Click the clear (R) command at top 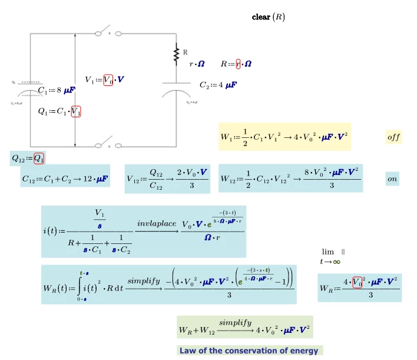(x=268, y=18)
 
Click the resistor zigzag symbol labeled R (x=176, y=56)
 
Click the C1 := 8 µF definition (x=56, y=90)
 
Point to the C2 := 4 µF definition (x=218, y=85)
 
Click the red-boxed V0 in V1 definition (x=108, y=80)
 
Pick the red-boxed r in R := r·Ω (x=238, y=64)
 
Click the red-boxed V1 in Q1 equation (x=76, y=111)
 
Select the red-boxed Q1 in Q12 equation (x=39, y=158)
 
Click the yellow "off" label (x=393, y=137)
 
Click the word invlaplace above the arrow (x=156, y=224)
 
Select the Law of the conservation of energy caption (x=250, y=351)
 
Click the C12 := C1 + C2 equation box (x=65, y=179)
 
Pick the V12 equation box (x=167, y=179)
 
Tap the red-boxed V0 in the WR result (x=358, y=281)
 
